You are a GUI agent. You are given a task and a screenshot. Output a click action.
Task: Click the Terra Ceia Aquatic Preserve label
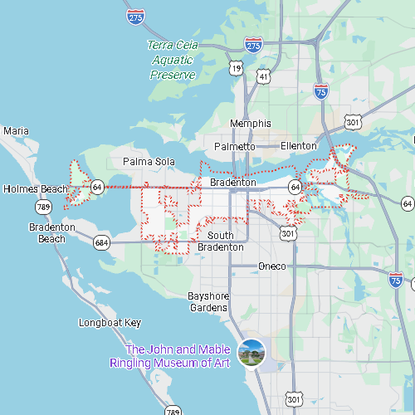(173, 60)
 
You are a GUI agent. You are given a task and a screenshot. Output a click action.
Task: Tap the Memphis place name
(251, 124)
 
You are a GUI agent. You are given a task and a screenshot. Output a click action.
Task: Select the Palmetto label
(235, 147)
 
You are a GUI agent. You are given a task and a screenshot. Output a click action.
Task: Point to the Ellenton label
(299, 146)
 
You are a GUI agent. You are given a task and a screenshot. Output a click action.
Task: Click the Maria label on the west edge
(16, 131)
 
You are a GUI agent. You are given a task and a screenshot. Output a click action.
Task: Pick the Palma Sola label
(145, 161)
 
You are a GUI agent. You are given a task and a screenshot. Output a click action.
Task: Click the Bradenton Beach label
(52, 232)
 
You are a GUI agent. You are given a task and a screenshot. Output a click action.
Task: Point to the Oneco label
(272, 266)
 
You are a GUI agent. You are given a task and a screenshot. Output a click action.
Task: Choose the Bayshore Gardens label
(207, 301)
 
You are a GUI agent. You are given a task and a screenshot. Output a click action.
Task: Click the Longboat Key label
(110, 323)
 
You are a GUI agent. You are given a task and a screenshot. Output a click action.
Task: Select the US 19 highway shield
(236, 68)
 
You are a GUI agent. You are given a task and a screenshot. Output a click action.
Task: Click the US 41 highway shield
(264, 76)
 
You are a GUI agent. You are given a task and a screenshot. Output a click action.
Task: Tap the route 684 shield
(101, 243)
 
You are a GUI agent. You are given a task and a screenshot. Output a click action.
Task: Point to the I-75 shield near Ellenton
(320, 92)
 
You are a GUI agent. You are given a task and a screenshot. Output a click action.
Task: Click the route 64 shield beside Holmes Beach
(97, 188)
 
